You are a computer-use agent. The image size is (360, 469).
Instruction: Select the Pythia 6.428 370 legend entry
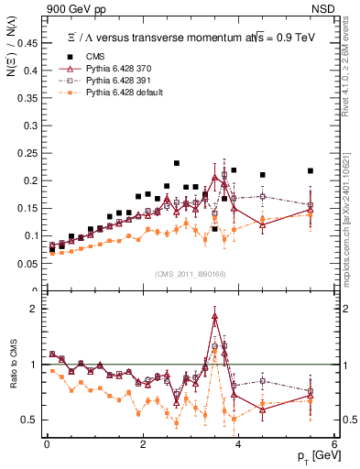point(113,69)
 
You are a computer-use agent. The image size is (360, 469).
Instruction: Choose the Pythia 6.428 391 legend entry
point(113,81)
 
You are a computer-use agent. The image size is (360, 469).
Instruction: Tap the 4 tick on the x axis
point(238,444)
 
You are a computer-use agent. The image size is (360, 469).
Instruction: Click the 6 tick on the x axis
point(334,444)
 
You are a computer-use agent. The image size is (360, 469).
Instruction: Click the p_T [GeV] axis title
point(313,455)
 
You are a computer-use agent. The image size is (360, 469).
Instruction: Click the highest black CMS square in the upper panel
point(177,163)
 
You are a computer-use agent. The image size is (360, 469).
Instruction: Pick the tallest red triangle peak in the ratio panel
point(214,316)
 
